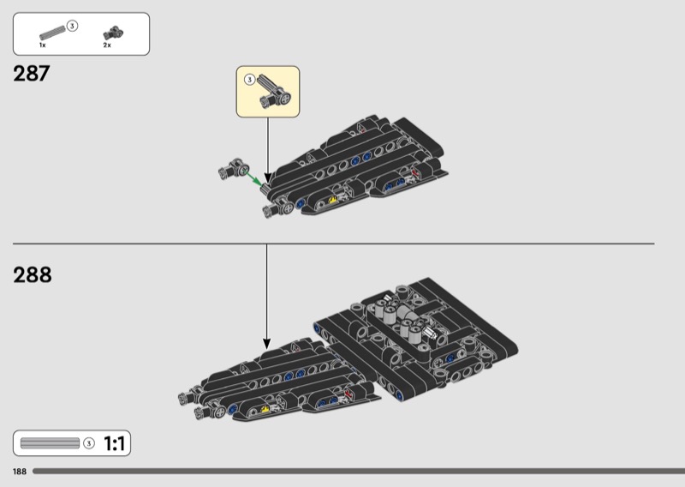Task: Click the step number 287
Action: pyautogui.click(x=32, y=74)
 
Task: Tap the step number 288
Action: pyautogui.click(x=33, y=274)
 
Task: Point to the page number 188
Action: pyautogui.click(x=20, y=472)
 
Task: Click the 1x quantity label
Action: pyautogui.click(x=42, y=45)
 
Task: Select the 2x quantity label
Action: pyautogui.click(x=107, y=45)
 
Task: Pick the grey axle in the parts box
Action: pyautogui.click(x=52, y=33)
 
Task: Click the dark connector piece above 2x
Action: pyautogui.click(x=113, y=33)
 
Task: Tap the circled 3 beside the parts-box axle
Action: pyautogui.click(x=72, y=27)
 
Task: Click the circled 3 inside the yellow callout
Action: pyautogui.click(x=249, y=80)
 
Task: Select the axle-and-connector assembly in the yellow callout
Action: pyautogui.click(x=273, y=91)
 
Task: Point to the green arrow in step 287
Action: pyautogui.click(x=254, y=178)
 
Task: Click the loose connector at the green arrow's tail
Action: pyautogui.click(x=233, y=168)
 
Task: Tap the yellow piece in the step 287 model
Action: pyautogui.click(x=333, y=200)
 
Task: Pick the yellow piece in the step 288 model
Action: pyautogui.click(x=265, y=409)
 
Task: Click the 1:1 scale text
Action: pyautogui.click(x=115, y=443)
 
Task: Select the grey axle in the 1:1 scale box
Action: pyautogui.click(x=50, y=443)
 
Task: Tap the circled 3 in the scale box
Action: pyautogui.click(x=89, y=443)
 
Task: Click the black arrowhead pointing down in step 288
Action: pyautogui.click(x=266, y=344)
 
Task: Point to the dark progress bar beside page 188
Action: pyautogui.click(x=359, y=472)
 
